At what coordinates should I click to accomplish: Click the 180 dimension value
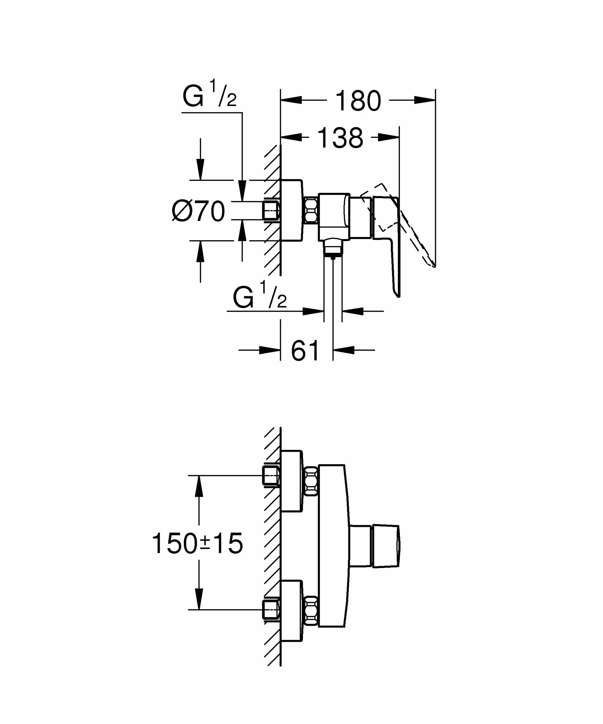pos(358,101)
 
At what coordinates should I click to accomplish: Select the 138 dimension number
pos(340,138)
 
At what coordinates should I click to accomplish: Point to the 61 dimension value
pos(305,351)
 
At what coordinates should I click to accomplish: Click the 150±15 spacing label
pos(197,543)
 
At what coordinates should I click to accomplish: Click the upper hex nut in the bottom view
pos(311,481)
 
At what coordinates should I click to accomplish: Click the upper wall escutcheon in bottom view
pos(292,481)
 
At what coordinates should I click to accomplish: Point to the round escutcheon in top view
pos(292,210)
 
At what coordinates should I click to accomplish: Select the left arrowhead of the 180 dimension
pos(291,100)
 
